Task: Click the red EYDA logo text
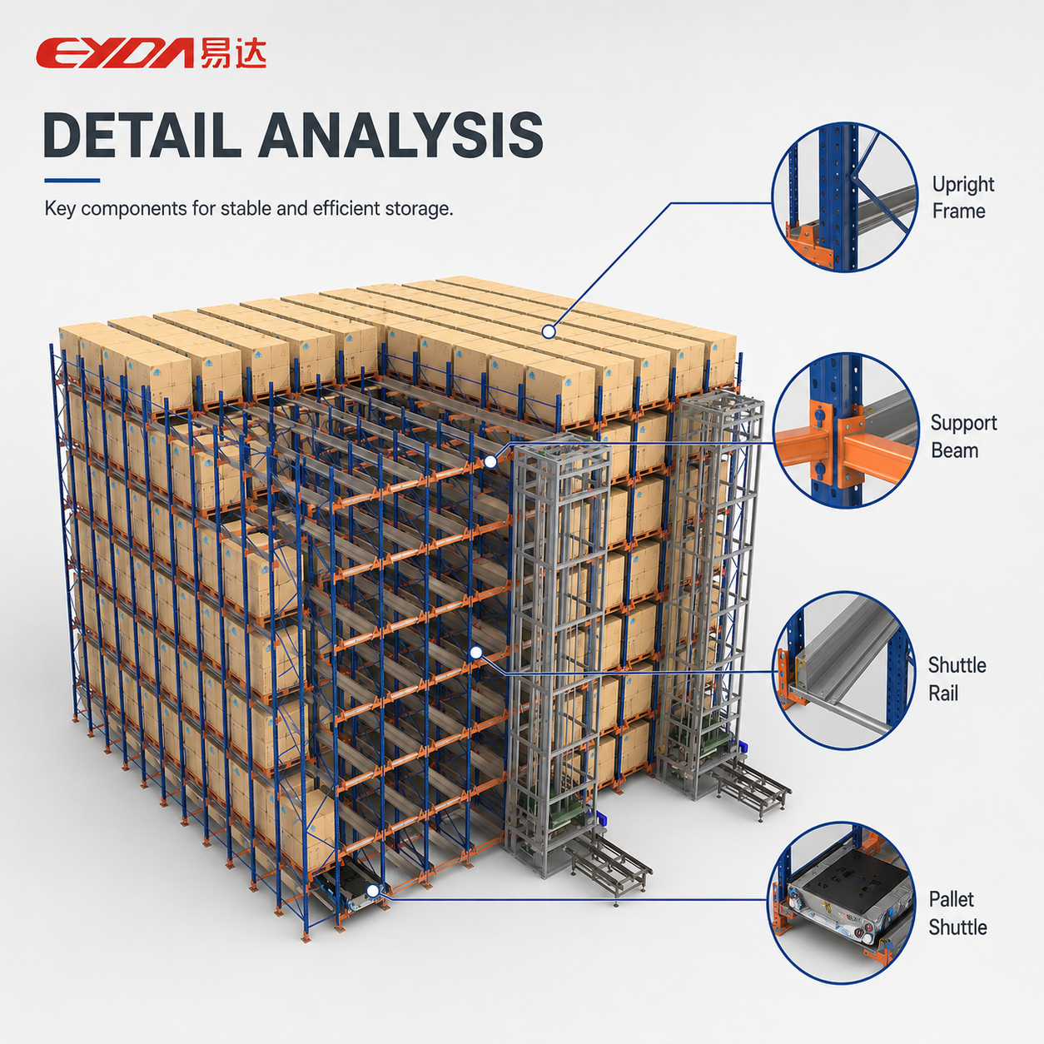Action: point(115,52)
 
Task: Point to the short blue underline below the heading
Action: point(72,181)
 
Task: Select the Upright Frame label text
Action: point(962,198)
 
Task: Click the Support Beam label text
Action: point(963,437)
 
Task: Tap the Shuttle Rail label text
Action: point(957,679)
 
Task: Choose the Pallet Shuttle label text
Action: point(957,913)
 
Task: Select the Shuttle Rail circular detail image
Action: point(844,672)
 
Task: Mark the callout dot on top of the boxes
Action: point(549,331)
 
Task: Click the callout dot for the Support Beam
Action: point(490,461)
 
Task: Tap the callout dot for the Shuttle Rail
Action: point(476,653)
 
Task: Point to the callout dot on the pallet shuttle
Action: point(372,891)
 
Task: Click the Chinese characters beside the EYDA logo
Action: point(233,52)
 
